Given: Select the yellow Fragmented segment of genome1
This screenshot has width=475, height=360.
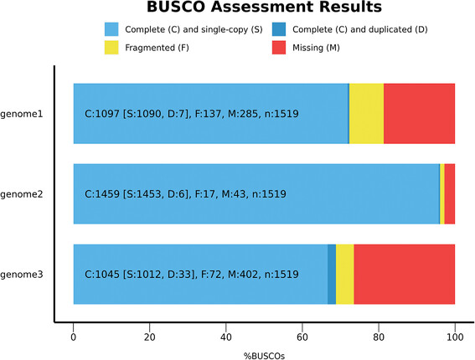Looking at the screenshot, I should coord(366,113).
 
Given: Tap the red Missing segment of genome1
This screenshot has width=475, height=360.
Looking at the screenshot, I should coord(419,113).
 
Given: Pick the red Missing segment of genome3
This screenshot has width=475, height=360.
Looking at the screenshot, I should coord(404,274).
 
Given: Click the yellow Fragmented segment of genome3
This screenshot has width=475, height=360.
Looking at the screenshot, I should coord(344,274).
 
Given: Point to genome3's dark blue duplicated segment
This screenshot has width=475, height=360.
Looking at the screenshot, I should coord(332,274).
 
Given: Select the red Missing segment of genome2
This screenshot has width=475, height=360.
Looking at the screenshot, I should coord(450,193).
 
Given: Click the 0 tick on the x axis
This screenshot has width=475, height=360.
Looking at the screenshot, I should coord(74,337).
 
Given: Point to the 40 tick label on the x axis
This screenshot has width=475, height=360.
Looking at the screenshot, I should coord(226,337).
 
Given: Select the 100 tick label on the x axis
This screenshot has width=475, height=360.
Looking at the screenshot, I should coord(455,337).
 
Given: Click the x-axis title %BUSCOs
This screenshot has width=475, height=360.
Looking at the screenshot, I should coord(265,356).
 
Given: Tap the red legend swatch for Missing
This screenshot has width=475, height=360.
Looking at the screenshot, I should coord(281,47).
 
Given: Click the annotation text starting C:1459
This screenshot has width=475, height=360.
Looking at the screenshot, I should coord(186,194).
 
